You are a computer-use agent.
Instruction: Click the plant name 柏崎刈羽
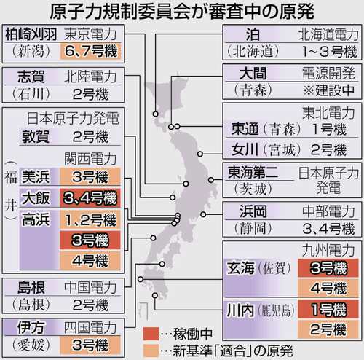(x=31, y=34)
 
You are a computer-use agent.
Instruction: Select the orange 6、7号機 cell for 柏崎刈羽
(x=90, y=51)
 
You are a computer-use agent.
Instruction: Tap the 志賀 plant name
(x=31, y=77)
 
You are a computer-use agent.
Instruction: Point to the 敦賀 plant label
(x=36, y=136)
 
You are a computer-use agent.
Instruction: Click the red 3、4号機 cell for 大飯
(x=90, y=198)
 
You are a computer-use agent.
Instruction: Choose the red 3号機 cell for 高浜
(x=90, y=240)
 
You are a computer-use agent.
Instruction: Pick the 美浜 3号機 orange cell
(x=90, y=176)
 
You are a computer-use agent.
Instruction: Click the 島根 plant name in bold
(x=31, y=287)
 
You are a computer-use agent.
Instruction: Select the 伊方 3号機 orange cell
(x=90, y=345)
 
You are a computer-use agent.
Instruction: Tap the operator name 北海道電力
(x=328, y=34)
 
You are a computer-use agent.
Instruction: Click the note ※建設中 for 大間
(x=328, y=90)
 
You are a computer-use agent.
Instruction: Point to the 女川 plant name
(x=245, y=149)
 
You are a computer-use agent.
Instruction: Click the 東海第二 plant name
(x=253, y=172)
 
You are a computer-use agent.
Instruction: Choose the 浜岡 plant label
(x=253, y=211)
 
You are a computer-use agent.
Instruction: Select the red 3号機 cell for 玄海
(x=328, y=268)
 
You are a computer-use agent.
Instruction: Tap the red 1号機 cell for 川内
(x=328, y=309)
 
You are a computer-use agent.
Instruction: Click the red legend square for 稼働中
(x=151, y=334)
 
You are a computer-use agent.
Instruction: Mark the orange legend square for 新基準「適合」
(x=151, y=351)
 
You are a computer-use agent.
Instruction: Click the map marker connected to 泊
(x=156, y=114)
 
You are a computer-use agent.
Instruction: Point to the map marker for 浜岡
(x=203, y=214)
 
